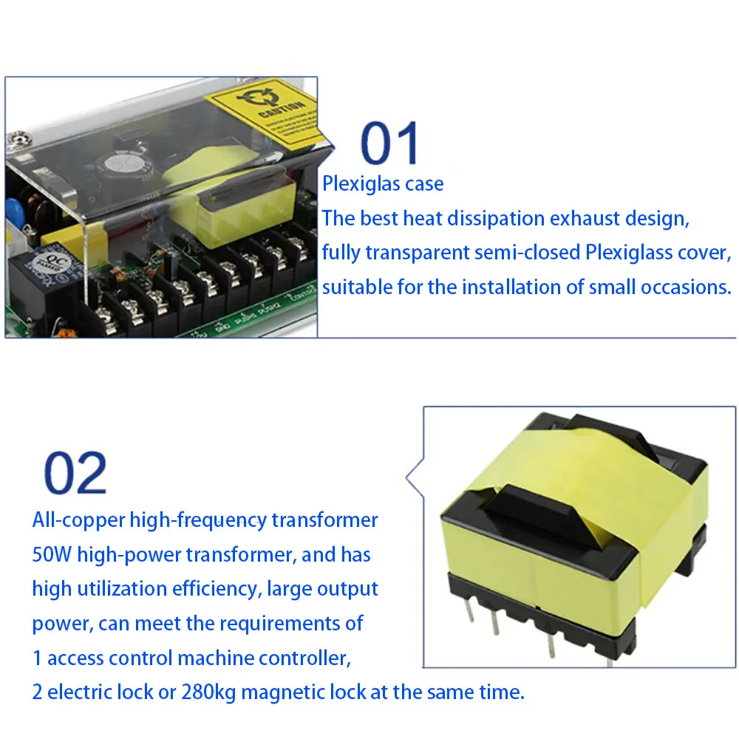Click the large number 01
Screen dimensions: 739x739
pos(389,144)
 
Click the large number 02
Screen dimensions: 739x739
pos(75,473)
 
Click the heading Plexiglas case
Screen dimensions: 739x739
pos(383,184)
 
